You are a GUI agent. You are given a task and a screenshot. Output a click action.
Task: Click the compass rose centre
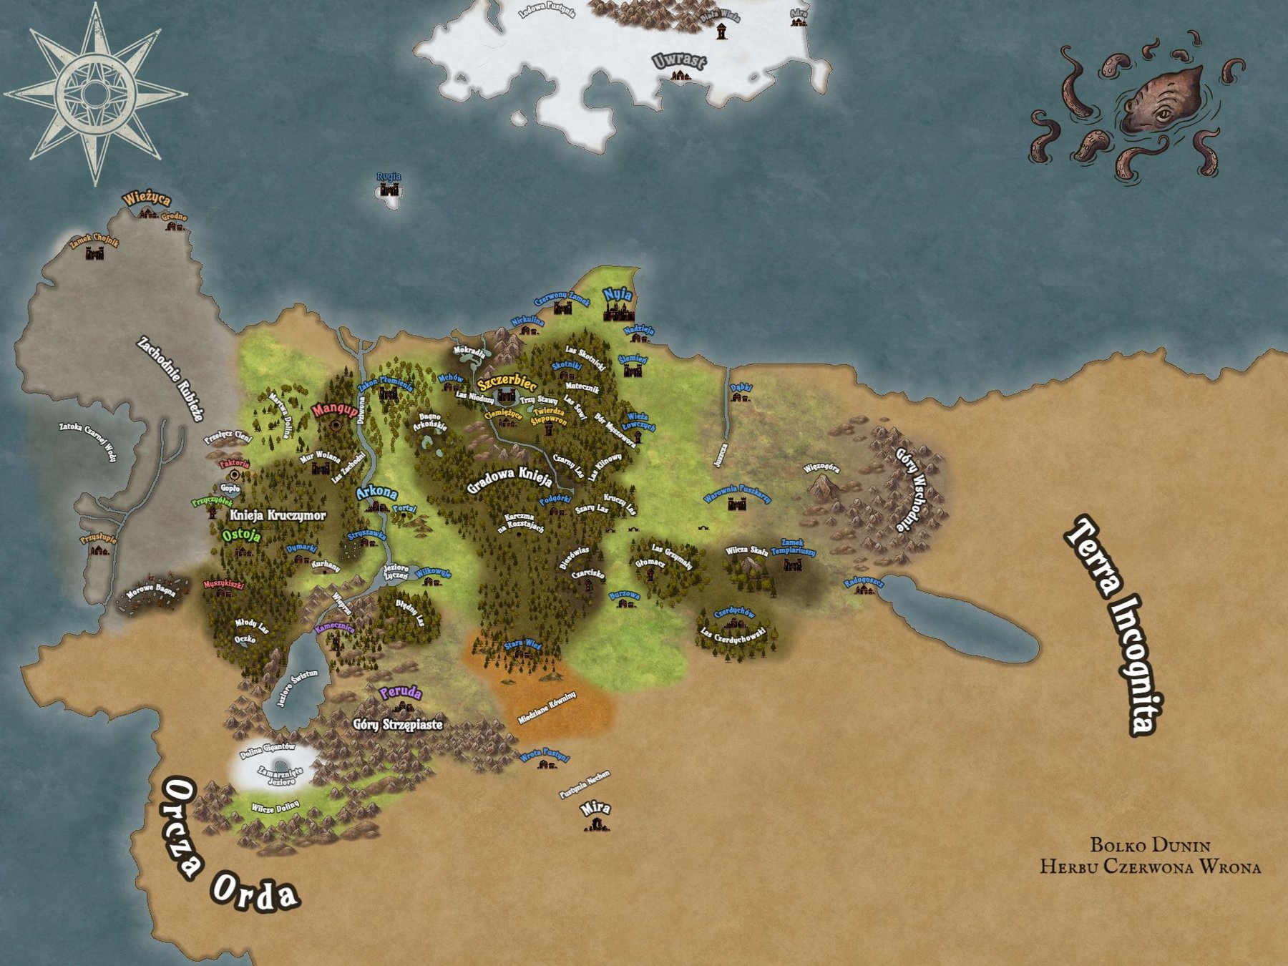click(x=95, y=94)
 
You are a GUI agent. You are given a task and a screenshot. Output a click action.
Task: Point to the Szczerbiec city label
click(x=507, y=381)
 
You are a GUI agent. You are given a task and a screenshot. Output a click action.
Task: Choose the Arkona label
click(x=376, y=492)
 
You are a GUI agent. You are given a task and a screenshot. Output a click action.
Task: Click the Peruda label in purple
click(x=400, y=693)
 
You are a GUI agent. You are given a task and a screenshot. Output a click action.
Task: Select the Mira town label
click(x=595, y=808)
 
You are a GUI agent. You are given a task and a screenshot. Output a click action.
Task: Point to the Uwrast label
click(x=678, y=61)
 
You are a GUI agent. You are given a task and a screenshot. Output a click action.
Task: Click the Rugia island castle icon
click(x=389, y=190)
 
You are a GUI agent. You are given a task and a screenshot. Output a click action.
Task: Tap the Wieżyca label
click(x=146, y=199)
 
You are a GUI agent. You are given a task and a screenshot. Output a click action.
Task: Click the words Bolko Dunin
click(x=1149, y=845)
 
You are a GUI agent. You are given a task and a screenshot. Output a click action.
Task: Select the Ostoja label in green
click(x=241, y=535)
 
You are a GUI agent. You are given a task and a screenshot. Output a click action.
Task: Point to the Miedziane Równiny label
click(x=547, y=708)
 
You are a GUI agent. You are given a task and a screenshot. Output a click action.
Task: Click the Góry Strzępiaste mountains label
click(x=398, y=725)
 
